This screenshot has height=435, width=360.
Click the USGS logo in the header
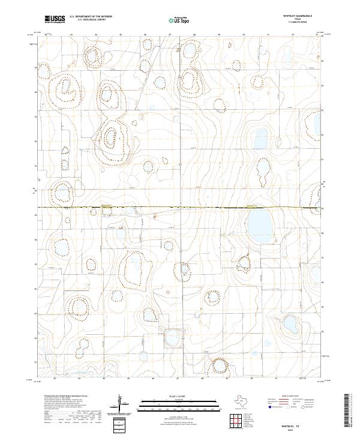point(55,19)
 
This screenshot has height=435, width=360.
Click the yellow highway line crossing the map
point(180,208)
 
